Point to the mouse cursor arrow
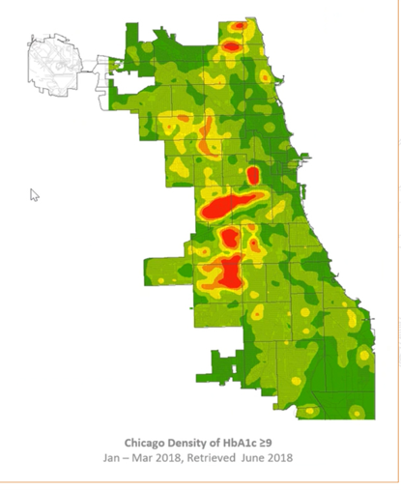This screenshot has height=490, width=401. click(35, 194)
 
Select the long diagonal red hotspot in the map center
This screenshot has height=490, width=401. click(230, 204)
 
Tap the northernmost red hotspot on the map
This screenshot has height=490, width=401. click(231, 44)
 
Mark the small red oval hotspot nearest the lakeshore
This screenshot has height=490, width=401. click(253, 175)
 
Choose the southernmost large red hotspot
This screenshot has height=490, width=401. click(229, 274)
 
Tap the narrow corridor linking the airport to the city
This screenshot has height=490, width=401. click(104, 66)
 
